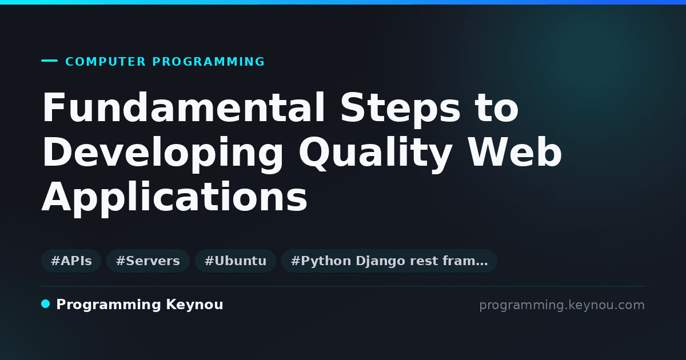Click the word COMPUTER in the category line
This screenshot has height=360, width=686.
[x=105, y=62]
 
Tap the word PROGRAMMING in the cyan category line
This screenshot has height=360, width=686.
[x=208, y=62]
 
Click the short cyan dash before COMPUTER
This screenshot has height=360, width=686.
[x=49, y=61]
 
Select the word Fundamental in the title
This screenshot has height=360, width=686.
[x=184, y=107]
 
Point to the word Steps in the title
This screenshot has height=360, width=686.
[x=400, y=110]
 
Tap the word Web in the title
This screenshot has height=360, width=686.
[x=515, y=151]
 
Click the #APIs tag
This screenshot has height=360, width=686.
[x=71, y=261]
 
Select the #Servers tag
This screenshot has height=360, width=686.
[x=148, y=261]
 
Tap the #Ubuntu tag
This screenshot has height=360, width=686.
[x=236, y=261]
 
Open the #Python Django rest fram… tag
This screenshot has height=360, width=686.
[x=389, y=261]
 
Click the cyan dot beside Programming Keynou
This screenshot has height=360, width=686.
[x=46, y=304]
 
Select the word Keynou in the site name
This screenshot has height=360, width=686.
[x=194, y=305]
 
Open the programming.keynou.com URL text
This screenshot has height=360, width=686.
[x=562, y=305]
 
